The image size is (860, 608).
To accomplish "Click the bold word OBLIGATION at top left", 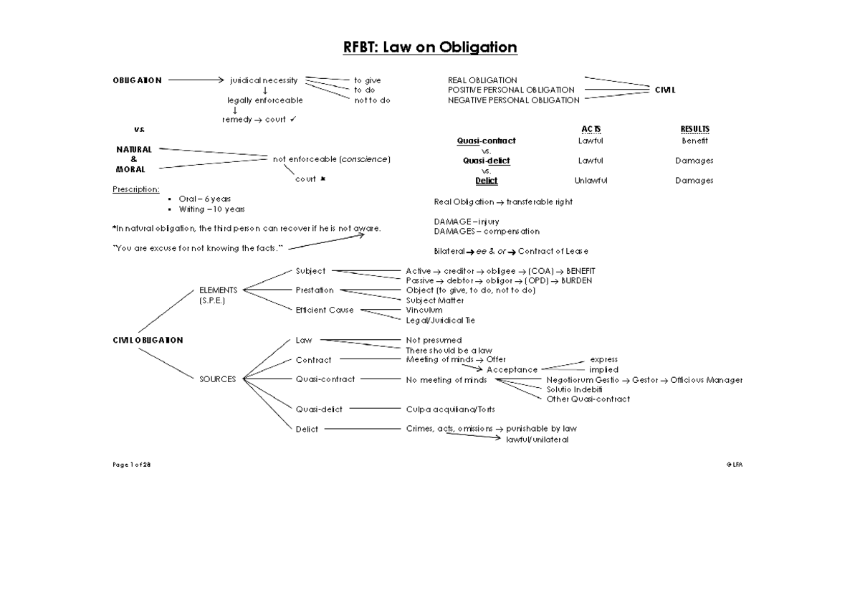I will click(137, 80).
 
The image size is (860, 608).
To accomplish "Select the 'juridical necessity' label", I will click(264, 80).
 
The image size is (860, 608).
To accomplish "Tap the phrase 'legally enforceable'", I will click(265, 100).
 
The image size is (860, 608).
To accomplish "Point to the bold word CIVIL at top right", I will click(665, 90).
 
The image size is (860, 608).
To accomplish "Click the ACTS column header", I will click(591, 129).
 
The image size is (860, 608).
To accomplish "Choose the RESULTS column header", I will click(694, 129).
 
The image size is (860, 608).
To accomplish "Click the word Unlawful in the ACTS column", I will click(591, 181).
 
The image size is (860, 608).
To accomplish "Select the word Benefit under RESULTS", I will click(694, 141).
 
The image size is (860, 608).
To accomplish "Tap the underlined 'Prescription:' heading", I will click(135, 189).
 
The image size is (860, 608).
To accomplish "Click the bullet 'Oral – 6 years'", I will click(204, 199).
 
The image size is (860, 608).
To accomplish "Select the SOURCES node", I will click(217, 379).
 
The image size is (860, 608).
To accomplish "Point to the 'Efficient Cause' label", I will click(325, 310).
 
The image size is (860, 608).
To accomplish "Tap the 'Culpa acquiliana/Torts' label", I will click(450, 409).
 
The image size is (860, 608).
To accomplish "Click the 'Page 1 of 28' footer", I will click(131, 465).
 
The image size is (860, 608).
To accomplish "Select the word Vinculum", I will click(424, 310).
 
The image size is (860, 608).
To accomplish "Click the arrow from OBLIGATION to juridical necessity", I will click(194, 80).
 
